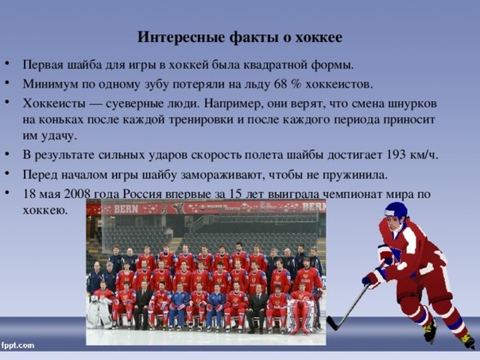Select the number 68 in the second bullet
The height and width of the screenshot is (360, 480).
[x=280, y=84]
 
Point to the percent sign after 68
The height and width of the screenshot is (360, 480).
[x=296, y=84]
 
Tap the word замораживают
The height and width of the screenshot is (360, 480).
[x=225, y=175]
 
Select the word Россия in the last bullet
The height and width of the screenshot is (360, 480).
[x=142, y=194]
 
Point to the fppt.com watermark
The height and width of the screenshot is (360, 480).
[x=17, y=346]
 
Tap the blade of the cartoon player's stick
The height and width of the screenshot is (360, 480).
[x=332, y=323]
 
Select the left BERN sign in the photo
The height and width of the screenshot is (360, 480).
[x=126, y=209]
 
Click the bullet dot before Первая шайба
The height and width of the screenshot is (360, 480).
[x=7, y=64]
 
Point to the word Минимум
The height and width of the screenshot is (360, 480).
[x=51, y=84]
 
